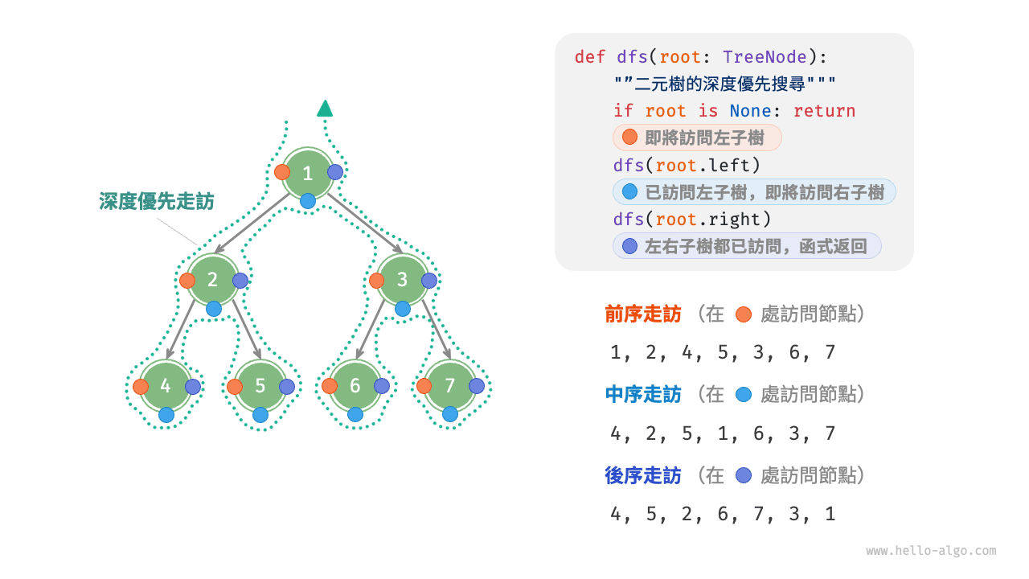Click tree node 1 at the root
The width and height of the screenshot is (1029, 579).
tap(308, 173)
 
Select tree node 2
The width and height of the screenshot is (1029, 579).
tap(213, 280)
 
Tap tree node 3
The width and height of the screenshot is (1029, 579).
tap(403, 280)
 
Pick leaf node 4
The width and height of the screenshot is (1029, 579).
tap(166, 386)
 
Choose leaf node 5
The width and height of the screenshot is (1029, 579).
tap(260, 386)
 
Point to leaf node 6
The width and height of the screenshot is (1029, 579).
tap(355, 386)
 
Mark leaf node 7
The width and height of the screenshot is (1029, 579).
tap(450, 386)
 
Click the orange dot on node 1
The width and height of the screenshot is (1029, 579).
tap(282, 172)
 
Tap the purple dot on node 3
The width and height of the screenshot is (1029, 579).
tap(429, 281)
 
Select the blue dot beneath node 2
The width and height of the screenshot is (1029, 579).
tap(213, 308)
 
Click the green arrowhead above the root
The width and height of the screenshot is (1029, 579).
tap(325, 109)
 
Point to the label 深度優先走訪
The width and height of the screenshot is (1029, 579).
tap(157, 201)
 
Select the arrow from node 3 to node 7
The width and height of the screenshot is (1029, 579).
tap(434, 330)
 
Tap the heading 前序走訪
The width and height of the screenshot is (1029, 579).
tap(643, 314)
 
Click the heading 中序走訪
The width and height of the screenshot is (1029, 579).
tap(643, 395)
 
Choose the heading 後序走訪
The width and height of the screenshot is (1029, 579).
tap(643, 476)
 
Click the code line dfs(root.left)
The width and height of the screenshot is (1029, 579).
tap(687, 166)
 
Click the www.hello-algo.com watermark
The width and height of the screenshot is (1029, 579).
tap(931, 551)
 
